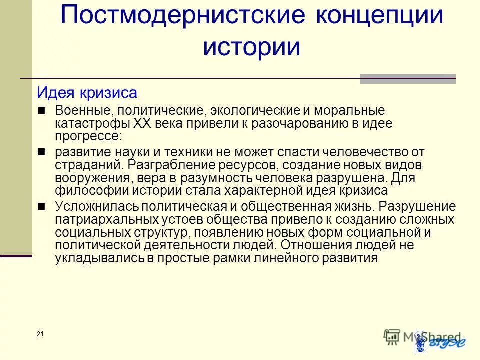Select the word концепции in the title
(380, 16)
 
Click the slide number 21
(40, 334)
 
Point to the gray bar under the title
(407, 79)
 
